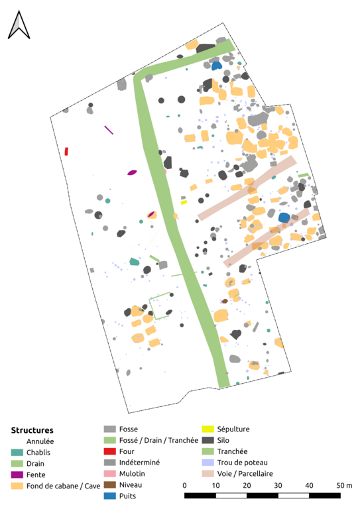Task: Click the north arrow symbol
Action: click(19, 25)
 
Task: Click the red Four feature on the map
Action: click(66, 151)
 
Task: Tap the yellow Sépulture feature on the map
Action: click(184, 203)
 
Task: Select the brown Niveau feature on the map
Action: click(225, 302)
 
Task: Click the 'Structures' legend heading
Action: click(32, 430)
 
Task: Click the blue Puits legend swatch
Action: click(109, 496)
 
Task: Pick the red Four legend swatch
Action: click(109, 451)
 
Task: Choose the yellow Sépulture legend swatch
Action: click(208, 429)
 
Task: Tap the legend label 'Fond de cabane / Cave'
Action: click(63, 486)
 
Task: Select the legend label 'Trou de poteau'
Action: click(243, 462)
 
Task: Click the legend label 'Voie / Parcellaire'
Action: click(245, 474)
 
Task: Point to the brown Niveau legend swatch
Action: click(109, 484)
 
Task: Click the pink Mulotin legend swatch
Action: click(109, 474)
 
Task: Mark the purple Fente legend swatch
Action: click(17, 475)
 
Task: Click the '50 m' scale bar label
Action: click(344, 485)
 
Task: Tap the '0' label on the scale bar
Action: click(185, 485)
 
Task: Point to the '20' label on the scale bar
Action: click(247, 485)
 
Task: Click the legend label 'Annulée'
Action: click(40, 441)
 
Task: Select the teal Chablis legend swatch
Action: click(17, 452)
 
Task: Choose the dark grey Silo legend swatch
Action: click(208, 440)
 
